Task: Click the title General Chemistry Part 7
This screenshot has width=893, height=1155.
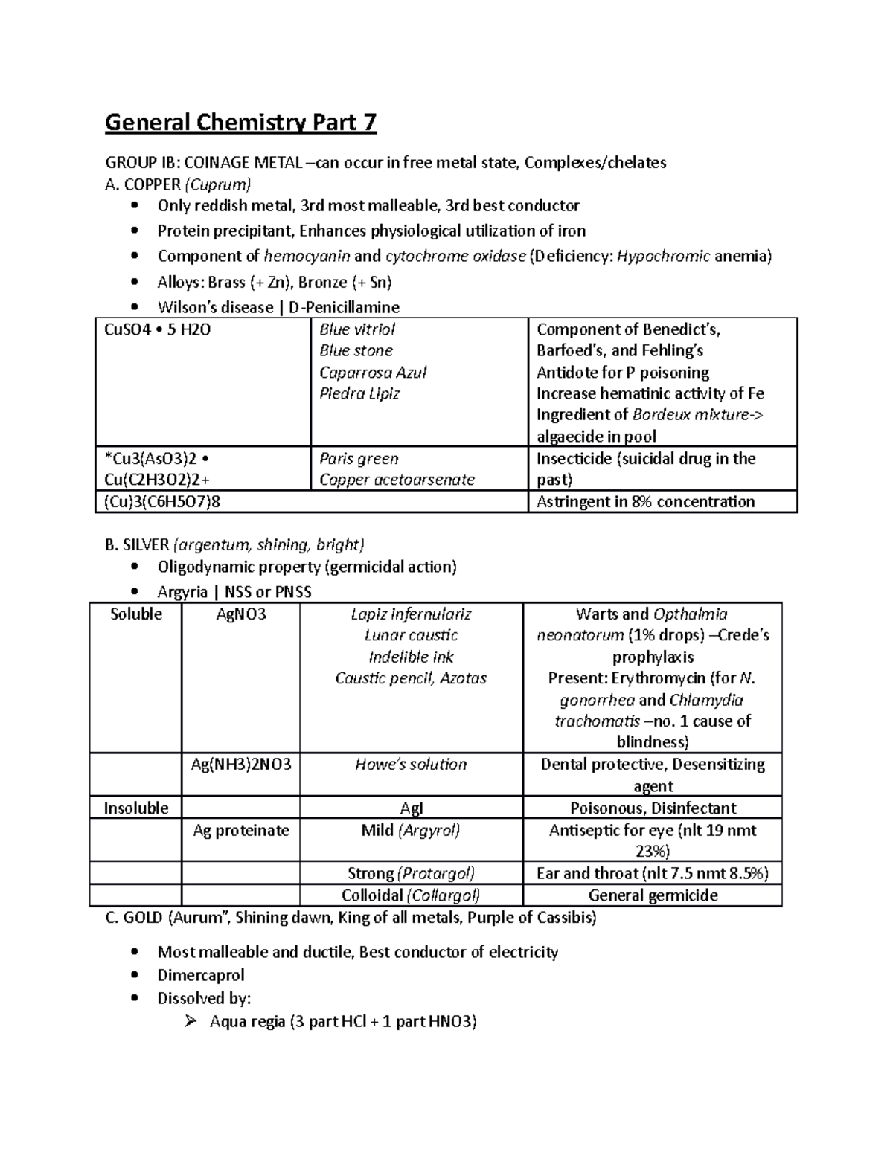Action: (x=240, y=122)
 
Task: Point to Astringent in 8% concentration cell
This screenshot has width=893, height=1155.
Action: (x=645, y=502)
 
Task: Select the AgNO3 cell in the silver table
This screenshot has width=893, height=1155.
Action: (x=240, y=614)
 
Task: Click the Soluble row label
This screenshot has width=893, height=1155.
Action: (x=136, y=614)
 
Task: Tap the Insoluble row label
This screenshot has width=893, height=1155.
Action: (x=136, y=808)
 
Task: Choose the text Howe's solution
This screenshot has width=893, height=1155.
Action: (x=411, y=765)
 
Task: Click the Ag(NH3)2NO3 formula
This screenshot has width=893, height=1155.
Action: (x=240, y=765)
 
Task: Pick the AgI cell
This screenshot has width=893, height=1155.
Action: (x=411, y=808)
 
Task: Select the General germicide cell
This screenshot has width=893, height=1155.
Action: (x=653, y=895)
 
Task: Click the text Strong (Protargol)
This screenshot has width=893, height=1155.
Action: (x=411, y=873)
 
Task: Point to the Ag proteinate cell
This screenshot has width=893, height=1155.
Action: (x=240, y=831)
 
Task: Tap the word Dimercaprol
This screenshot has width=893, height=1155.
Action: (x=200, y=975)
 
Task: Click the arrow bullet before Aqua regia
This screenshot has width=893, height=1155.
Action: (x=190, y=1022)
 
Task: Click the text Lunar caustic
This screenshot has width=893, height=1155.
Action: (x=411, y=636)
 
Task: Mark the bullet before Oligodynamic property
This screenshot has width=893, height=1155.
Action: (x=134, y=567)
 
